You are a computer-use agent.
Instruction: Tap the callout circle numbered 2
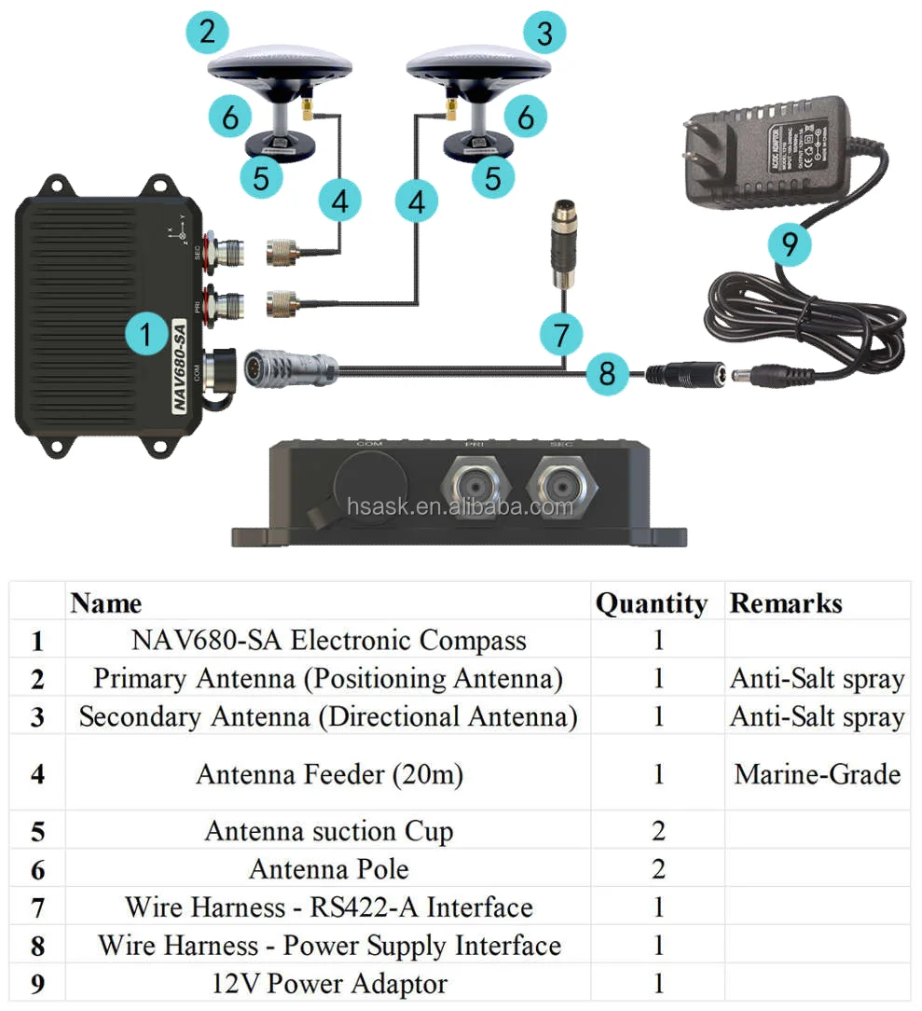(x=207, y=33)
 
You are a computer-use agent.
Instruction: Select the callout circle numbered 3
(x=544, y=34)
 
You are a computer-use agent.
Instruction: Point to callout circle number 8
(x=608, y=374)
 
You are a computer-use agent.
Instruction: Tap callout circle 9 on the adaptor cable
(x=790, y=244)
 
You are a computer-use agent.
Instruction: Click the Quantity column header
(x=651, y=603)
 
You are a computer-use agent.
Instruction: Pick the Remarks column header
(x=785, y=603)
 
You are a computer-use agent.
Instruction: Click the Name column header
(x=106, y=603)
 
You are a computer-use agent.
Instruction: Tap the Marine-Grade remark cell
(x=817, y=773)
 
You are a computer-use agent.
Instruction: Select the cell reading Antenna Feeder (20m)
(x=328, y=773)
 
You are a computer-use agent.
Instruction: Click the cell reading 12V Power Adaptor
(x=328, y=984)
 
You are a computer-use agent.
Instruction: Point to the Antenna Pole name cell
(x=328, y=869)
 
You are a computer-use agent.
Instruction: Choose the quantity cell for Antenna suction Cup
(x=657, y=831)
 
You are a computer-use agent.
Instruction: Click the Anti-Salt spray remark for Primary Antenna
(x=817, y=679)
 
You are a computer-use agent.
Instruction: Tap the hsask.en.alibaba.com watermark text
(x=460, y=506)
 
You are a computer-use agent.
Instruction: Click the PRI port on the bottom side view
(x=476, y=486)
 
